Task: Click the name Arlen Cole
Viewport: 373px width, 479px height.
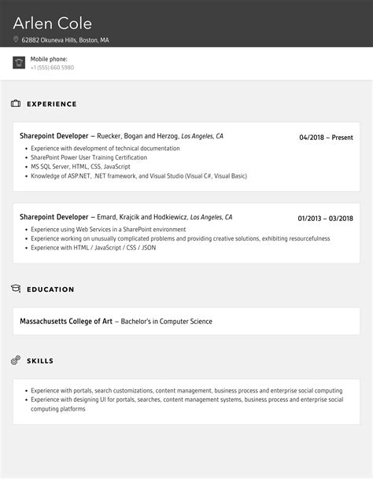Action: [53, 23]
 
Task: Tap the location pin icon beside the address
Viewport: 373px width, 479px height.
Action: [16, 39]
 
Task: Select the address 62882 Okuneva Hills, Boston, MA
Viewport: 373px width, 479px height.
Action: [65, 39]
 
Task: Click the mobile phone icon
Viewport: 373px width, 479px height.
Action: [19, 63]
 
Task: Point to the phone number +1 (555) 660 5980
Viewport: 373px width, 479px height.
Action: [52, 68]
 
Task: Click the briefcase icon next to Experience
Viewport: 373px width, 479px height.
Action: [16, 104]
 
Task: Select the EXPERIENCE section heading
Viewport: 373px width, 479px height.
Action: [52, 104]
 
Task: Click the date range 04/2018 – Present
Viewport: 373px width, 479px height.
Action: [326, 138]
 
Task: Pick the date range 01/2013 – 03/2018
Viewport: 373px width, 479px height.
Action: [325, 219]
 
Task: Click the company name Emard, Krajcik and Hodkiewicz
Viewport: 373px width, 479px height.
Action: [144, 217]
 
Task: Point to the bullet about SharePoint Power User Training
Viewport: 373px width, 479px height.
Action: [89, 157]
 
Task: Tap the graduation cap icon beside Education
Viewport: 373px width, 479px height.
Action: [16, 289]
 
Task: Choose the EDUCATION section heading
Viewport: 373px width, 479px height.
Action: [50, 289]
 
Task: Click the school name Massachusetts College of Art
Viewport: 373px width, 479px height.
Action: [66, 321]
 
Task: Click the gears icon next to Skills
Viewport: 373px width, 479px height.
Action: [16, 360]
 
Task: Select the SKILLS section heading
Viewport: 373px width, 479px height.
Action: [40, 361]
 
